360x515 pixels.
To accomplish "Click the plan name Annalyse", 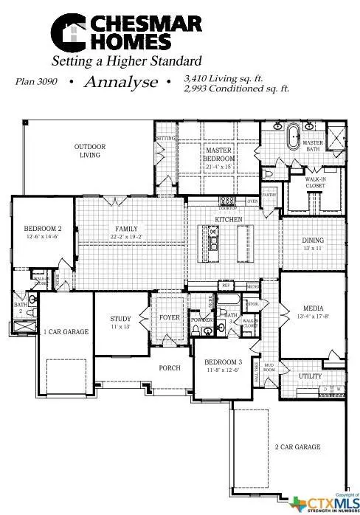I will pyautogui.click(x=120, y=81).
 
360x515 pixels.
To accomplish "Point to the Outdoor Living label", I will pyautogui.click(x=90, y=151).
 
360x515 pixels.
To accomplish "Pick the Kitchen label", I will pyautogui.click(x=224, y=220).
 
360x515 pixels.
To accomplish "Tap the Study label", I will pyautogui.click(x=120, y=319).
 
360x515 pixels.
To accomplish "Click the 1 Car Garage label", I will pyautogui.click(x=66, y=332).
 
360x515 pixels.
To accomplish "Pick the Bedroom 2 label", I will pyautogui.click(x=42, y=229).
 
